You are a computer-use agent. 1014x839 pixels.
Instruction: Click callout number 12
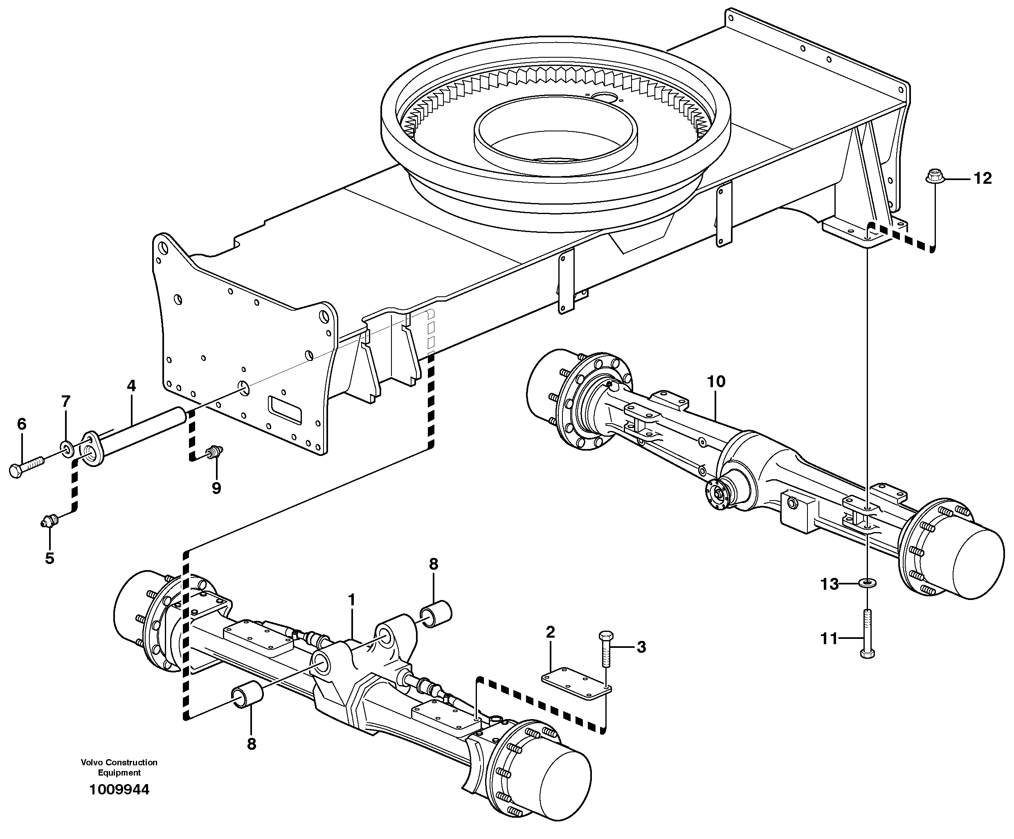[982, 179]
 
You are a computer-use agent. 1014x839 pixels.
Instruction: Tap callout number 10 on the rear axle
[716, 381]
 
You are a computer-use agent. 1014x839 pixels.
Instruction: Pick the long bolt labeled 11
[868, 633]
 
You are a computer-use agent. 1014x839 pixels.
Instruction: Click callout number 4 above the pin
[131, 386]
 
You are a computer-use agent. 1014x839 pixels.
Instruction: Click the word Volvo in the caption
[92, 763]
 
